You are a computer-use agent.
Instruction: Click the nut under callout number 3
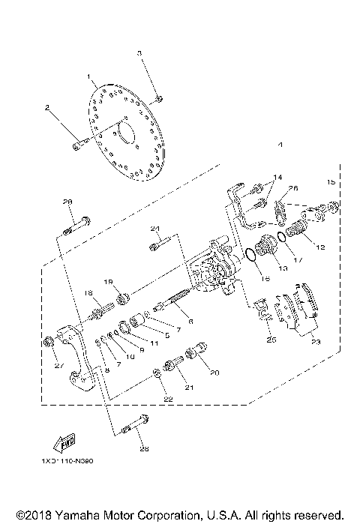click(x=160, y=98)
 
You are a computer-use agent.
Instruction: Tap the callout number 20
click(x=214, y=372)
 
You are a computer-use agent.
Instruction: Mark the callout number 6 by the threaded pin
click(x=190, y=321)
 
